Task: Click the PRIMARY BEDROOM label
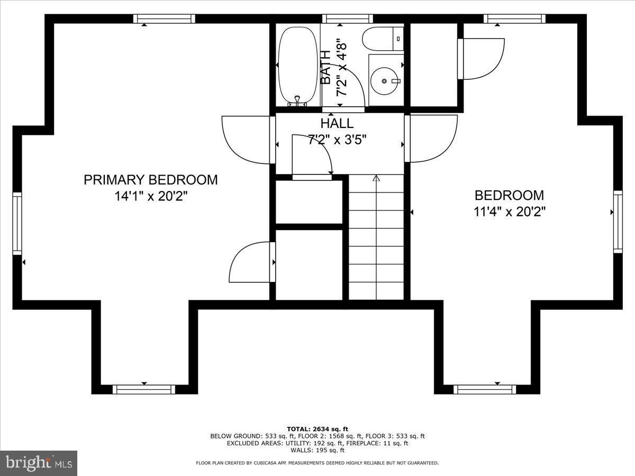[150, 180]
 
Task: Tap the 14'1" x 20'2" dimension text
[151, 196]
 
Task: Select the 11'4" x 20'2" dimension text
[509, 212]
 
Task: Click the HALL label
[337, 124]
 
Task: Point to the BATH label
[326, 67]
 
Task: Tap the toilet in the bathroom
[382, 38]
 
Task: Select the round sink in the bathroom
[385, 81]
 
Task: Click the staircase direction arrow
[376, 179]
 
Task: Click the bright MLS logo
[39, 463]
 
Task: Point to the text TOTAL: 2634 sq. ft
[317, 428]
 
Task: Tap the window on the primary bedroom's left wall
[17, 223]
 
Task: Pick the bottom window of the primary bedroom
[143, 390]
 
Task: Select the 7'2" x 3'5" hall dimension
[337, 140]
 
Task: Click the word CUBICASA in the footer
[275, 463]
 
